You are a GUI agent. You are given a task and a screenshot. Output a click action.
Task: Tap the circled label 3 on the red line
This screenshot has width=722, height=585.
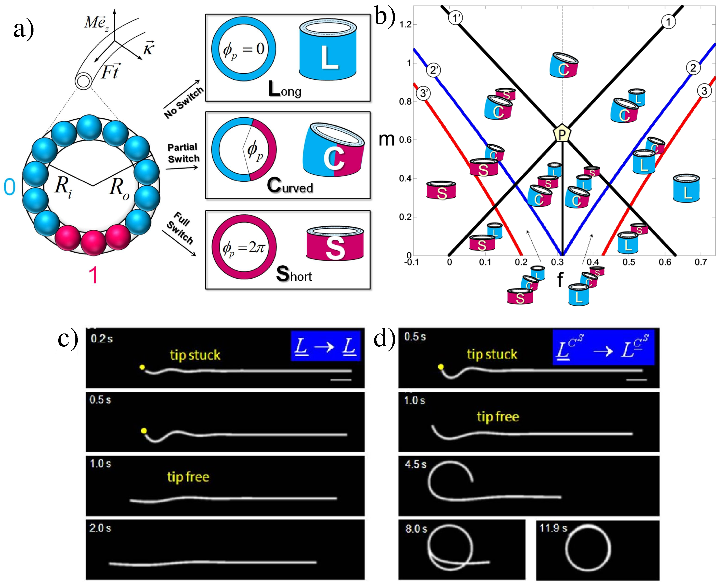(x=704, y=91)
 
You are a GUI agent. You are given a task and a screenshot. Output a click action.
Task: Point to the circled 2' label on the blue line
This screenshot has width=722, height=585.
(x=433, y=70)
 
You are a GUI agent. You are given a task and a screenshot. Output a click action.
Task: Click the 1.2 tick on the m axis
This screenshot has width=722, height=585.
(x=405, y=25)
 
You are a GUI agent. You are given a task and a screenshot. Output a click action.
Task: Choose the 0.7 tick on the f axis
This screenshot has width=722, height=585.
(x=700, y=262)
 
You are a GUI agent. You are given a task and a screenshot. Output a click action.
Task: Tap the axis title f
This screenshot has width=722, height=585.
(x=560, y=279)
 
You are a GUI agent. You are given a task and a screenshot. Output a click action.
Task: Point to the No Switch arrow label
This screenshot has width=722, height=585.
(x=184, y=102)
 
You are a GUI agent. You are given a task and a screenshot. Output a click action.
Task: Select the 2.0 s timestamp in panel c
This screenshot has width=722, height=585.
(x=100, y=528)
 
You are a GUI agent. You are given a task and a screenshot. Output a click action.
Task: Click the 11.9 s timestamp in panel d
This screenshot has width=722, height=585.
(x=553, y=528)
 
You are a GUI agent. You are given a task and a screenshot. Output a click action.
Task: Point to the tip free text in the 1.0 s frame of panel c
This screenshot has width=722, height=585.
(x=188, y=477)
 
